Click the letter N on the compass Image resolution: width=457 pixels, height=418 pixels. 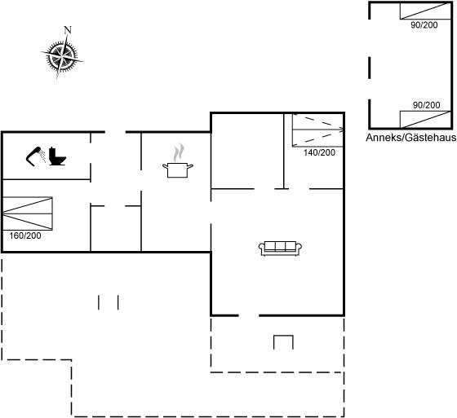pyautogui.click(x=68, y=30)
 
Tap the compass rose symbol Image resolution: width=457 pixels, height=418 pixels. pyautogui.click(x=62, y=55)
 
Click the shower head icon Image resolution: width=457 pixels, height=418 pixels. pyautogui.click(x=36, y=156)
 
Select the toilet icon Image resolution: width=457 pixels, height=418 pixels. pyautogui.click(x=57, y=156)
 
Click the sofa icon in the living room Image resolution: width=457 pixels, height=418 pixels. pyautogui.click(x=280, y=249)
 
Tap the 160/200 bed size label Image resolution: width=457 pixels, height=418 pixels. pyautogui.click(x=25, y=235)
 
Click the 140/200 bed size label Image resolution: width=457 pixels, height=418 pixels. pyautogui.click(x=319, y=152)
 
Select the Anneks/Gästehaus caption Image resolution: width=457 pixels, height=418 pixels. pyautogui.click(x=411, y=138)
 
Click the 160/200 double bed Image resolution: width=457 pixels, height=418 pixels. pyautogui.click(x=28, y=213)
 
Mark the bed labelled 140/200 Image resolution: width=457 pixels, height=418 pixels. pyautogui.click(x=317, y=130)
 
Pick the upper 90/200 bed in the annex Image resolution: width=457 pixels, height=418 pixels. pyautogui.click(x=425, y=11)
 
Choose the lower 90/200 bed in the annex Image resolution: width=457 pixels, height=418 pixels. pyautogui.click(x=425, y=119)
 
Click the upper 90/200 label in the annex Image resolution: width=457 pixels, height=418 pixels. pyautogui.click(x=424, y=25)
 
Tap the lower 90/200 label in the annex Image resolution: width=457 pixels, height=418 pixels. pyautogui.click(x=426, y=105)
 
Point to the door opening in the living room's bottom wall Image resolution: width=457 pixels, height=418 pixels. pyautogui.click(x=249, y=315)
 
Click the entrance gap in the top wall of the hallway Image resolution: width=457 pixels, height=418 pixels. pyautogui.click(x=115, y=132)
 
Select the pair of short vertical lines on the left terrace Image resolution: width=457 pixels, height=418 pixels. pyautogui.click(x=109, y=302)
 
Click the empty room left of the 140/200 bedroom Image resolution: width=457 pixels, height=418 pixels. pyautogui.click(x=247, y=152)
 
